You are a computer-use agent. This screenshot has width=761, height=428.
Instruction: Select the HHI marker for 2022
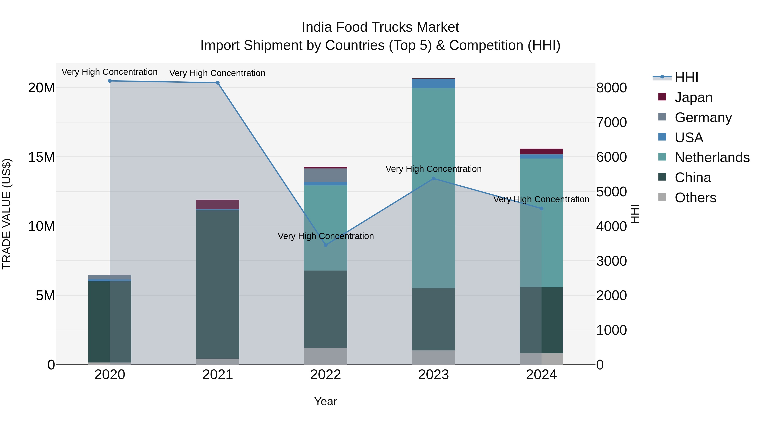click(326, 245)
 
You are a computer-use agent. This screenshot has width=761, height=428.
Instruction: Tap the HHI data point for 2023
click(433, 178)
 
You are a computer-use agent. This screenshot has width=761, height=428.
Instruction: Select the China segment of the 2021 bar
click(218, 284)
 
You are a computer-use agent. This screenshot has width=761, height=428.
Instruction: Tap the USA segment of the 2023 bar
click(433, 83)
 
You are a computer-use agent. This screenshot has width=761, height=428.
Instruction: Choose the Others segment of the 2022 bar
click(326, 356)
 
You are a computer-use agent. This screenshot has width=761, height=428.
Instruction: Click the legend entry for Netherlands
click(712, 157)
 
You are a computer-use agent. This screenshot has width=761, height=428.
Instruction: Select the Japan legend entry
click(693, 97)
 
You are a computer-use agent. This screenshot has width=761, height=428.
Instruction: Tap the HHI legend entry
click(686, 77)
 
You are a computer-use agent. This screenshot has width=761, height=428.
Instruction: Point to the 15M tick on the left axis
click(41, 157)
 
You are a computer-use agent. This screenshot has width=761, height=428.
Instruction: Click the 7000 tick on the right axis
click(611, 122)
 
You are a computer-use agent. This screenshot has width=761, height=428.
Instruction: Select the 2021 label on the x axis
click(218, 375)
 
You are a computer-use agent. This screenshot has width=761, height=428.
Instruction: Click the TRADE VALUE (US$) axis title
click(7, 214)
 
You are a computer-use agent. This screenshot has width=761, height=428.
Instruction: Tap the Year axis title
click(325, 401)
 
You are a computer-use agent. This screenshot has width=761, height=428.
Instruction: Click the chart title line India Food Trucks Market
click(380, 27)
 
